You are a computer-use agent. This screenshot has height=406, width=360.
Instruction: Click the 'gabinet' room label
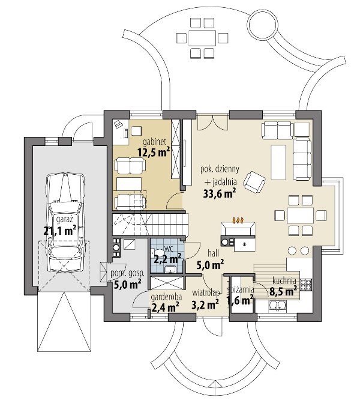(x=154, y=142)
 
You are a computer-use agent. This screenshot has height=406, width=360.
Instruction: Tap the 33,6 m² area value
(x=220, y=193)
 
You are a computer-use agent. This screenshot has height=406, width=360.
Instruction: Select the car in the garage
(x=65, y=223)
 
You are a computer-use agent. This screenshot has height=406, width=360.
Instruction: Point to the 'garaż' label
(x=65, y=220)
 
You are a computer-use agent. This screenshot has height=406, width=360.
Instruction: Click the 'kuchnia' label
(x=284, y=280)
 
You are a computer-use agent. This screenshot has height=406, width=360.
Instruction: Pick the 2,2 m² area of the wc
(x=167, y=259)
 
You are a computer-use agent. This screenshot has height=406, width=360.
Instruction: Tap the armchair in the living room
(x=255, y=183)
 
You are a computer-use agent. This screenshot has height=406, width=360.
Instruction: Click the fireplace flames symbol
(x=238, y=220)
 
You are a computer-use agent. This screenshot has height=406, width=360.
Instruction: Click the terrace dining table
(x=202, y=38)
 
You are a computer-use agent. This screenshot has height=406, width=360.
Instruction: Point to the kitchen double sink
(x=277, y=306)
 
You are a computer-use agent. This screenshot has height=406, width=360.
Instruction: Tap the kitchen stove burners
(x=306, y=284)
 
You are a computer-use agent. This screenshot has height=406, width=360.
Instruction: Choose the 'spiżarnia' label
(x=241, y=290)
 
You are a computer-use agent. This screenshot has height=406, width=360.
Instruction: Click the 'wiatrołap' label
(x=206, y=293)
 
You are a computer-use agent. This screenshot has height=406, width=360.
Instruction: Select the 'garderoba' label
(x=166, y=297)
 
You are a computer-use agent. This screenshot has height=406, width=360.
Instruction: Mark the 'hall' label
(x=214, y=253)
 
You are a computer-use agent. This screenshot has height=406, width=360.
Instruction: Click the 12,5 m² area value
(x=154, y=152)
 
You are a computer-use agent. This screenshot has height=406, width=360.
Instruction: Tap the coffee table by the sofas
(x=278, y=162)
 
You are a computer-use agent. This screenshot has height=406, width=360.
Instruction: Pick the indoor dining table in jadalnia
(x=300, y=215)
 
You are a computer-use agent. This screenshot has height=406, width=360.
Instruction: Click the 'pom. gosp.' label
(x=127, y=274)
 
